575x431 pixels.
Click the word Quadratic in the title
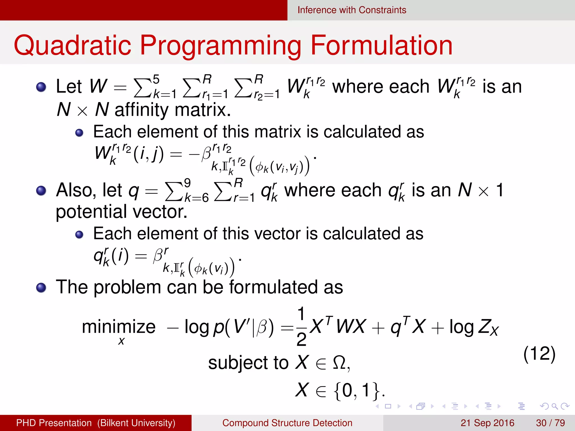pyautogui.click(x=72, y=45)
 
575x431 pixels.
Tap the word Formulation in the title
pyautogui.click(x=382, y=45)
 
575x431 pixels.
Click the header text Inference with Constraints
pyautogui.click(x=352, y=10)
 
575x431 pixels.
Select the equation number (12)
pyautogui.click(x=539, y=354)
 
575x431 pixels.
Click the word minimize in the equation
pyautogui.click(x=118, y=327)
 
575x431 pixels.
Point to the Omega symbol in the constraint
pyautogui.click(x=339, y=363)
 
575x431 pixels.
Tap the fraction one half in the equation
pyautogui.click(x=301, y=327)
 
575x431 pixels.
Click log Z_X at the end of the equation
pyautogui.click(x=474, y=327)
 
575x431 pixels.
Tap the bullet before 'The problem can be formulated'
pyautogui.click(x=41, y=288)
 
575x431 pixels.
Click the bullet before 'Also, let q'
pyautogui.click(x=41, y=191)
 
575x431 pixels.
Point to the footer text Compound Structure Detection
pyautogui.click(x=287, y=423)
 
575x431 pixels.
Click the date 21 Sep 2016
pyautogui.click(x=487, y=423)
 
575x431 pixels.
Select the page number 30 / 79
pyautogui.click(x=550, y=423)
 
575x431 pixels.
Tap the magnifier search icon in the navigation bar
pyautogui.click(x=555, y=406)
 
